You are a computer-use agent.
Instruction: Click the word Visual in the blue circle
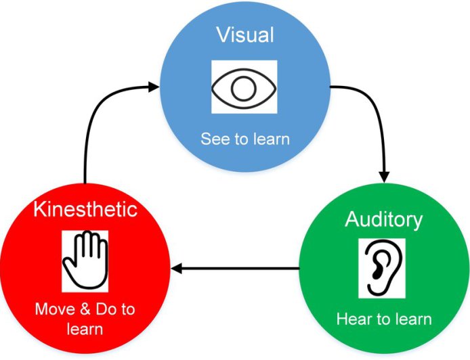coord(244,35)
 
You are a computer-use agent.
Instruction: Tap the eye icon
coord(244,87)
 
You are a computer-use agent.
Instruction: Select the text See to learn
coord(244,139)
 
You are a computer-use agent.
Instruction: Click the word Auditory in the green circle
coord(383,219)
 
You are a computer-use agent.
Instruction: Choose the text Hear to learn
coord(383,319)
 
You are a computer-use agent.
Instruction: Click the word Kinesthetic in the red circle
coord(85,209)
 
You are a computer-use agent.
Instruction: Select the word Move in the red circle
coord(54,310)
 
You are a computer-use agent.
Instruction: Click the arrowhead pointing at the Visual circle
coord(154,86)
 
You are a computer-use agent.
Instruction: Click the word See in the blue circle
coord(213,139)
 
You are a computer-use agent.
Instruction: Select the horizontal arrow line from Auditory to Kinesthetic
coord(237,269)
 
